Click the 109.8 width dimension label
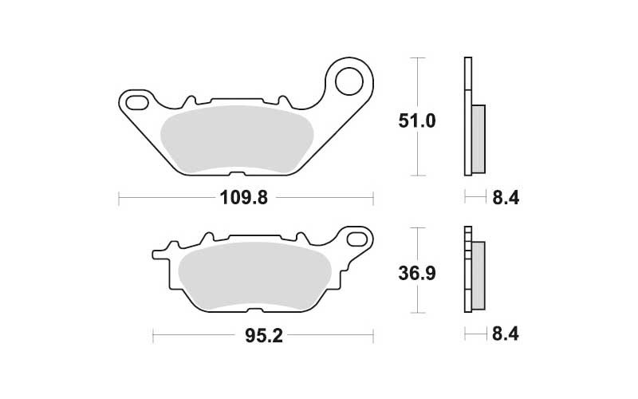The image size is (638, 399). [244, 198]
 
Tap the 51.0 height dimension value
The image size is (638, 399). [416, 121]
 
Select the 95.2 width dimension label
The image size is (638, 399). [264, 336]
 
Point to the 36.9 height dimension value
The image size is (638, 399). [416, 273]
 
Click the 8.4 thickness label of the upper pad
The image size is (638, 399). [506, 198]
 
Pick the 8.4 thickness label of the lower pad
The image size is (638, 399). [506, 334]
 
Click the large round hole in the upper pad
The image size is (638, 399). [349, 82]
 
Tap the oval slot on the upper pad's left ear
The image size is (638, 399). [137, 103]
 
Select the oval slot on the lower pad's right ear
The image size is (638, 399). [356, 239]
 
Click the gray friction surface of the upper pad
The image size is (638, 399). [237, 138]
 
